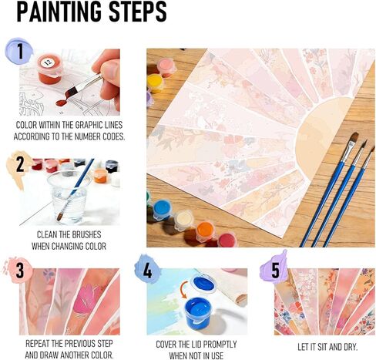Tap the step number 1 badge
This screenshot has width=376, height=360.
tap(19, 52)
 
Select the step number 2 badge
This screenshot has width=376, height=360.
tap(19, 163)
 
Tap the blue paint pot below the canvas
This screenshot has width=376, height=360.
tap(162, 209)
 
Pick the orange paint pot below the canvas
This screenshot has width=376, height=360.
tap(206, 229)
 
